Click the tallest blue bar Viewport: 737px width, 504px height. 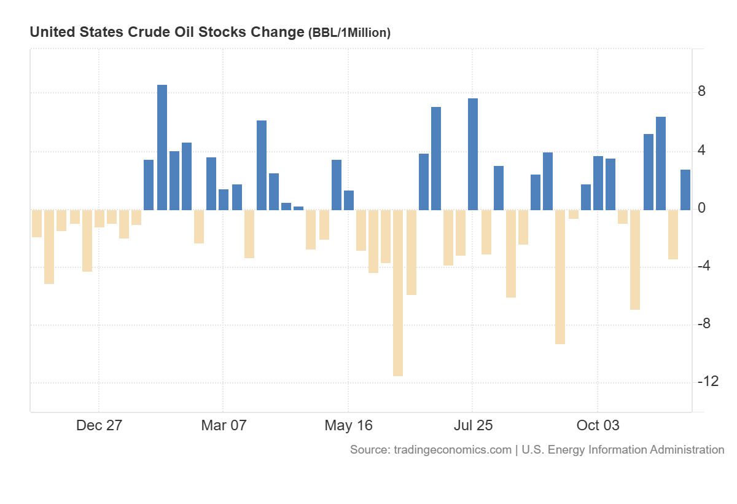click(x=162, y=148)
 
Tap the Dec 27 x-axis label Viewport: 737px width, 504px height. click(x=99, y=425)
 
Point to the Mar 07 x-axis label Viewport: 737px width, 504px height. click(x=224, y=425)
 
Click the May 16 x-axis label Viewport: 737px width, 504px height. click(x=348, y=425)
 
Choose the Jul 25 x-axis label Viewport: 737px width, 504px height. click(x=473, y=425)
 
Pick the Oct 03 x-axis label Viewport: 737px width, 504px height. click(x=598, y=425)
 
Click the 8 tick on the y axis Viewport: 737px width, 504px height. click(x=701, y=92)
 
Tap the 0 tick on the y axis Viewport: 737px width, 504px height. click(x=701, y=208)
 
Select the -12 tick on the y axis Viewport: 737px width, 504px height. click(x=708, y=382)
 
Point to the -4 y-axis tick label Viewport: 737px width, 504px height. click(x=705, y=266)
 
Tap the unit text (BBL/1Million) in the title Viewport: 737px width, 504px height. click(x=349, y=33)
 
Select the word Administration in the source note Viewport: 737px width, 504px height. click(x=689, y=450)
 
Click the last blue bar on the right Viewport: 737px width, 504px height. click(x=685, y=190)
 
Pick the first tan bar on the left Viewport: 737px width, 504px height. click(x=37, y=223)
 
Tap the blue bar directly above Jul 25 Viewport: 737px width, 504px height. click(x=473, y=154)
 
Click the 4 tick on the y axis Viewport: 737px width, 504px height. click(x=701, y=151)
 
